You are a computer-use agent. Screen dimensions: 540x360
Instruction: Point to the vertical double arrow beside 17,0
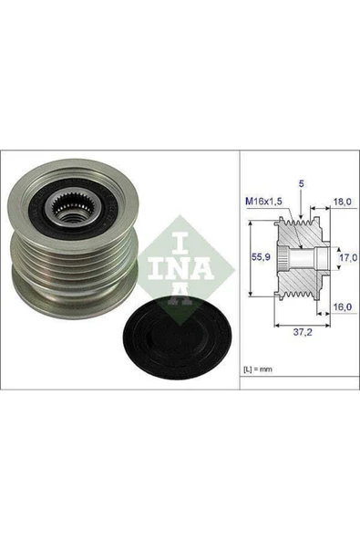(x=331, y=258)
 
